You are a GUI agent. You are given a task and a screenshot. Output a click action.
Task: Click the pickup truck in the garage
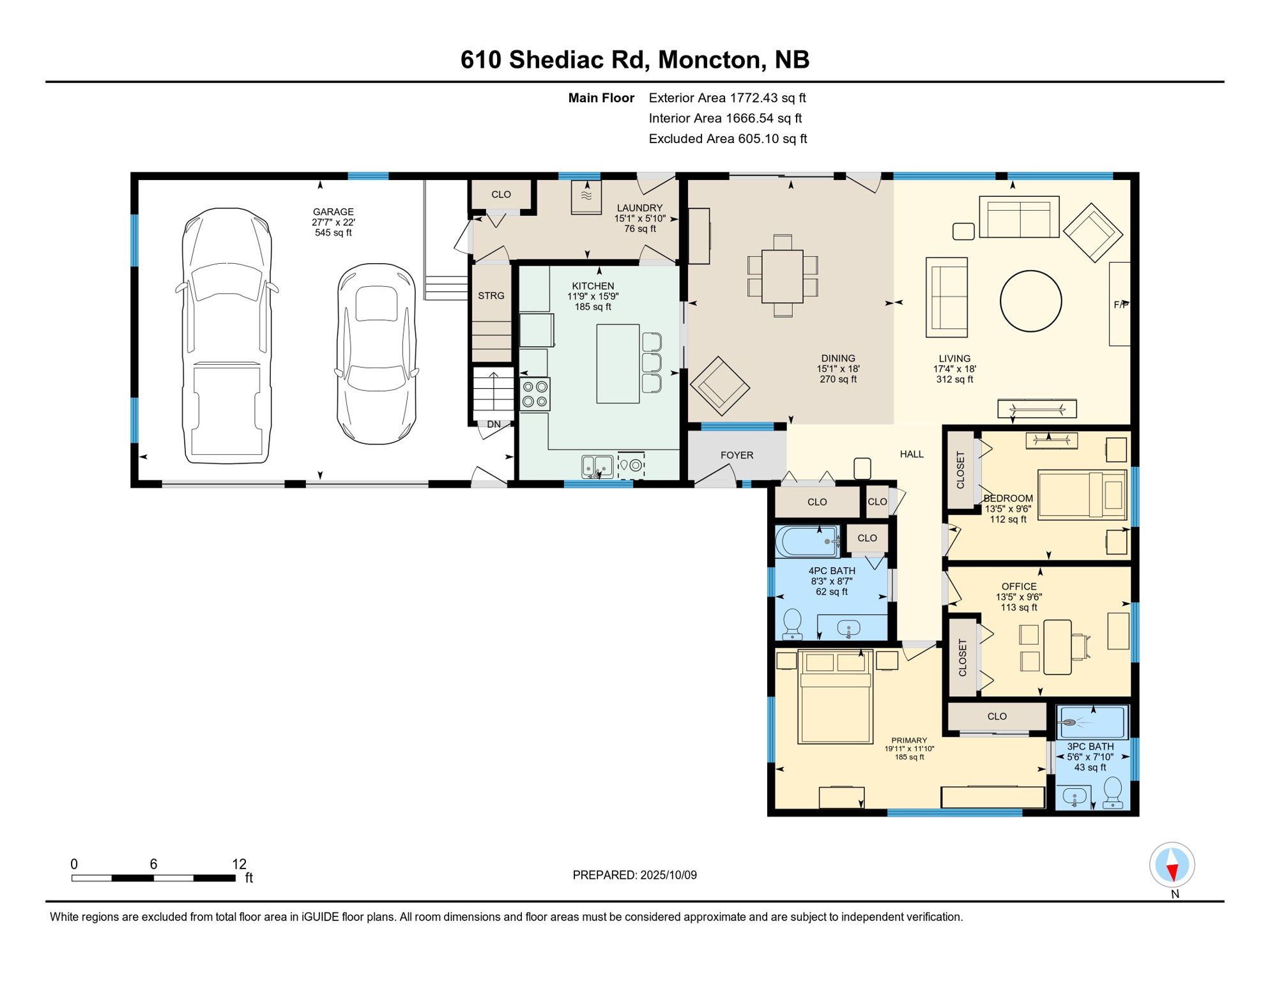(227, 335)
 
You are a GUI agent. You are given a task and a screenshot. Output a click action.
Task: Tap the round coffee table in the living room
(1030, 301)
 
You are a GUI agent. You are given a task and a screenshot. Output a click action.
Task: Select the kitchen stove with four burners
(535, 394)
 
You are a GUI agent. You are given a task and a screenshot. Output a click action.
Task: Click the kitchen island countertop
(618, 363)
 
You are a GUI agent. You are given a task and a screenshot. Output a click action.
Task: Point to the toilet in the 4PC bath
(792, 623)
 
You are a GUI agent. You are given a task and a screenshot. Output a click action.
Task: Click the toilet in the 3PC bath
(1113, 792)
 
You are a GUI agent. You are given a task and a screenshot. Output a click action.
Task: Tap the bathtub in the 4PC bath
(807, 541)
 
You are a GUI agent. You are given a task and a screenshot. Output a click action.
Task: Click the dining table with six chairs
(782, 276)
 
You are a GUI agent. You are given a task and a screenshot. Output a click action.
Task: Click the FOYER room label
(737, 455)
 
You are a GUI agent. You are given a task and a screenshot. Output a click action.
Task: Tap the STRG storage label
(491, 296)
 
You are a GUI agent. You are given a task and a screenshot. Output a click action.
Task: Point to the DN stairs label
(494, 424)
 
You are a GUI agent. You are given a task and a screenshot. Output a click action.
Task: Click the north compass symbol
(1172, 865)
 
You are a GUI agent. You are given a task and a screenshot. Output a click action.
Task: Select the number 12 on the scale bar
(239, 864)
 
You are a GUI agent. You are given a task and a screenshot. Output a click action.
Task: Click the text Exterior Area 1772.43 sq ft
(727, 98)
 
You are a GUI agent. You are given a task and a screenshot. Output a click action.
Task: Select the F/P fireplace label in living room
(1121, 305)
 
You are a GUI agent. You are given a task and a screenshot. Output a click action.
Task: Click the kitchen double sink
(597, 467)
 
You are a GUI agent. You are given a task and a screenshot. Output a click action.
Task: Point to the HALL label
(911, 454)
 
